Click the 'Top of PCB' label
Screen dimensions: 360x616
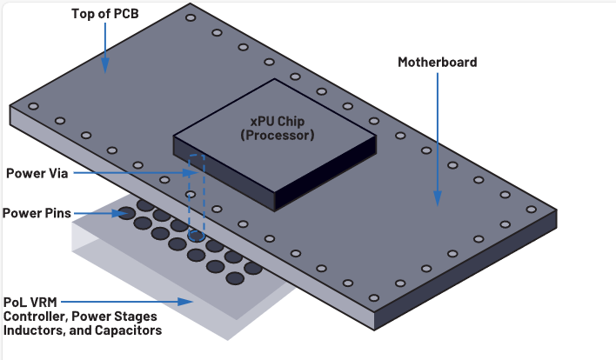click(105, 15)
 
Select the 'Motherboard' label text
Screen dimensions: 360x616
click(437, 63)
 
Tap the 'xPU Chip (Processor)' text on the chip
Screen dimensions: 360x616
click(277, 128)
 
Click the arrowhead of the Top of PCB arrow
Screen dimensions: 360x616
click(105, 67)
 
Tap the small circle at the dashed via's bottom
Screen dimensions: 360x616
click(198, 235)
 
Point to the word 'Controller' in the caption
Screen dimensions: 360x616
click(34, 317)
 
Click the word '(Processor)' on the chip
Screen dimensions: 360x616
click(277, 136)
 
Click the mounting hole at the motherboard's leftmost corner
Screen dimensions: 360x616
click(33, 106)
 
